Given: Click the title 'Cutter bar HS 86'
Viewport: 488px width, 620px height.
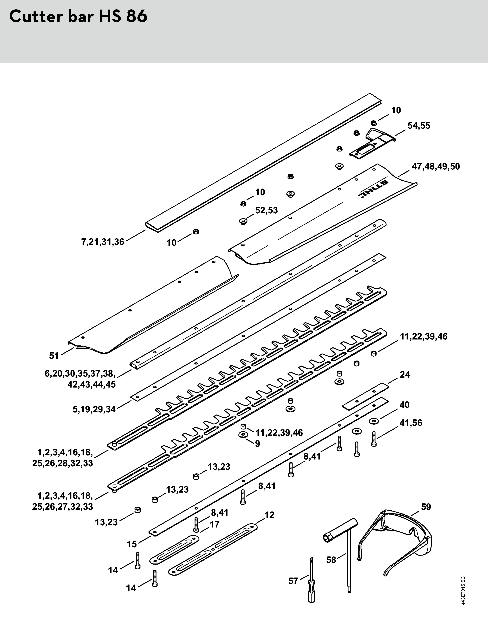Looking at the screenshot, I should click(x=78, y=17).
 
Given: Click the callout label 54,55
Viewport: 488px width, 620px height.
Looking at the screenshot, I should click(x=419, y=126).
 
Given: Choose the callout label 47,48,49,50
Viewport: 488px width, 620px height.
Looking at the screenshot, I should click(x=436, y=166).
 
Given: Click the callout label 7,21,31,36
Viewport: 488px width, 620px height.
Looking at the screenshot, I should click(x=103, y=242).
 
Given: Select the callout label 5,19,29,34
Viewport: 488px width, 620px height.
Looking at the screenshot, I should click(x=94, y=409).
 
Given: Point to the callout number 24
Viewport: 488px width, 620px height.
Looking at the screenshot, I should click(x=405, y=375).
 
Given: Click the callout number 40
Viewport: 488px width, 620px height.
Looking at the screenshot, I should click(x=405, y=405).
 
